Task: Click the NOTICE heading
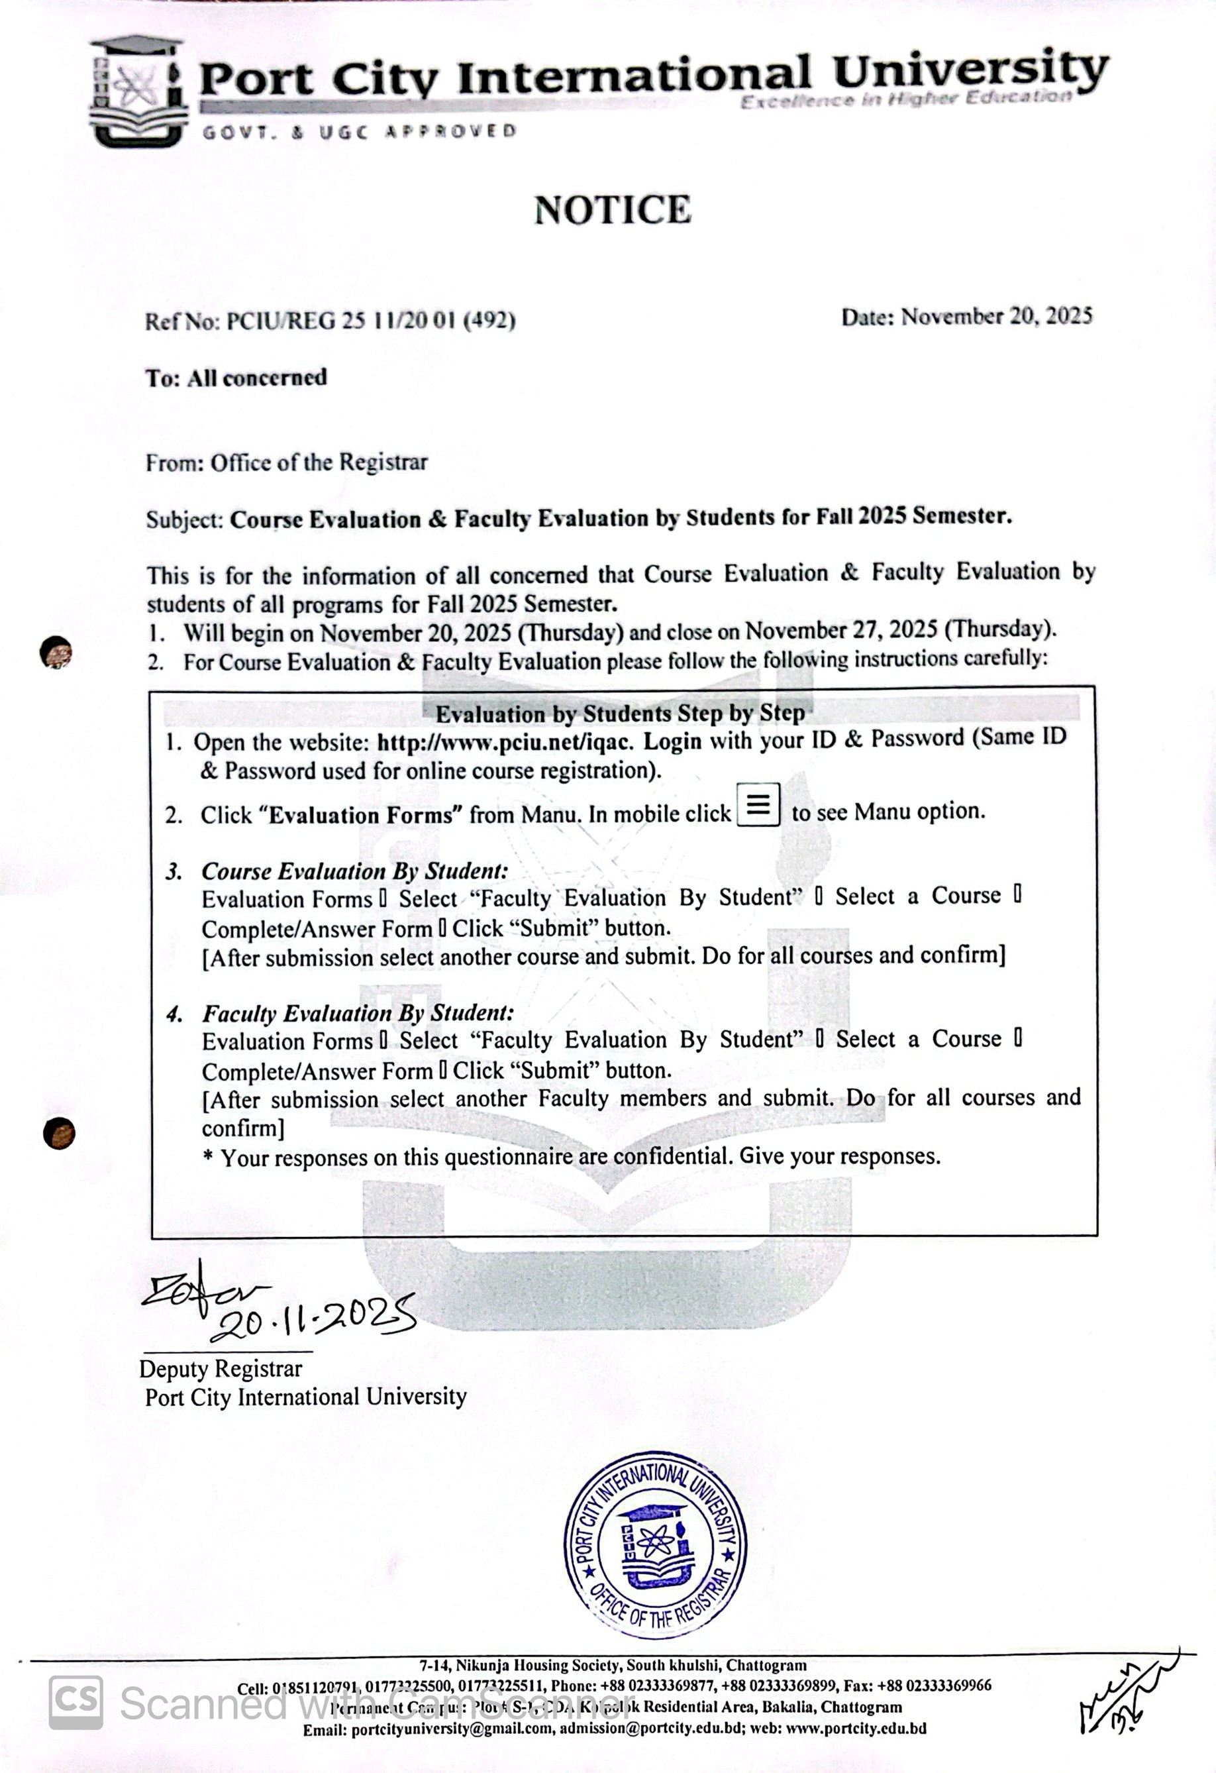pos(613,210)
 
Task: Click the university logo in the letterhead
pos(138,91)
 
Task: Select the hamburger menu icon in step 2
pos(758,804)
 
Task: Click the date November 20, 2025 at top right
pos(996,317)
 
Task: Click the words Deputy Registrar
pos(221,1369)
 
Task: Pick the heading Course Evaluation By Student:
pos(355,871)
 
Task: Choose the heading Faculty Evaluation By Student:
pos(358,1013)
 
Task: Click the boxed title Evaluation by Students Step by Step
pos(619,714)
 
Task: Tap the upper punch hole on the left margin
pos(56,653)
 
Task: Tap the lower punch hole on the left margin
pos(59,1133)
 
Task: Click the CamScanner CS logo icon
pos(76,1703)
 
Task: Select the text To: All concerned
pos(236,378)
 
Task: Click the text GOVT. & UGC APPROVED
pos(358,132)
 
